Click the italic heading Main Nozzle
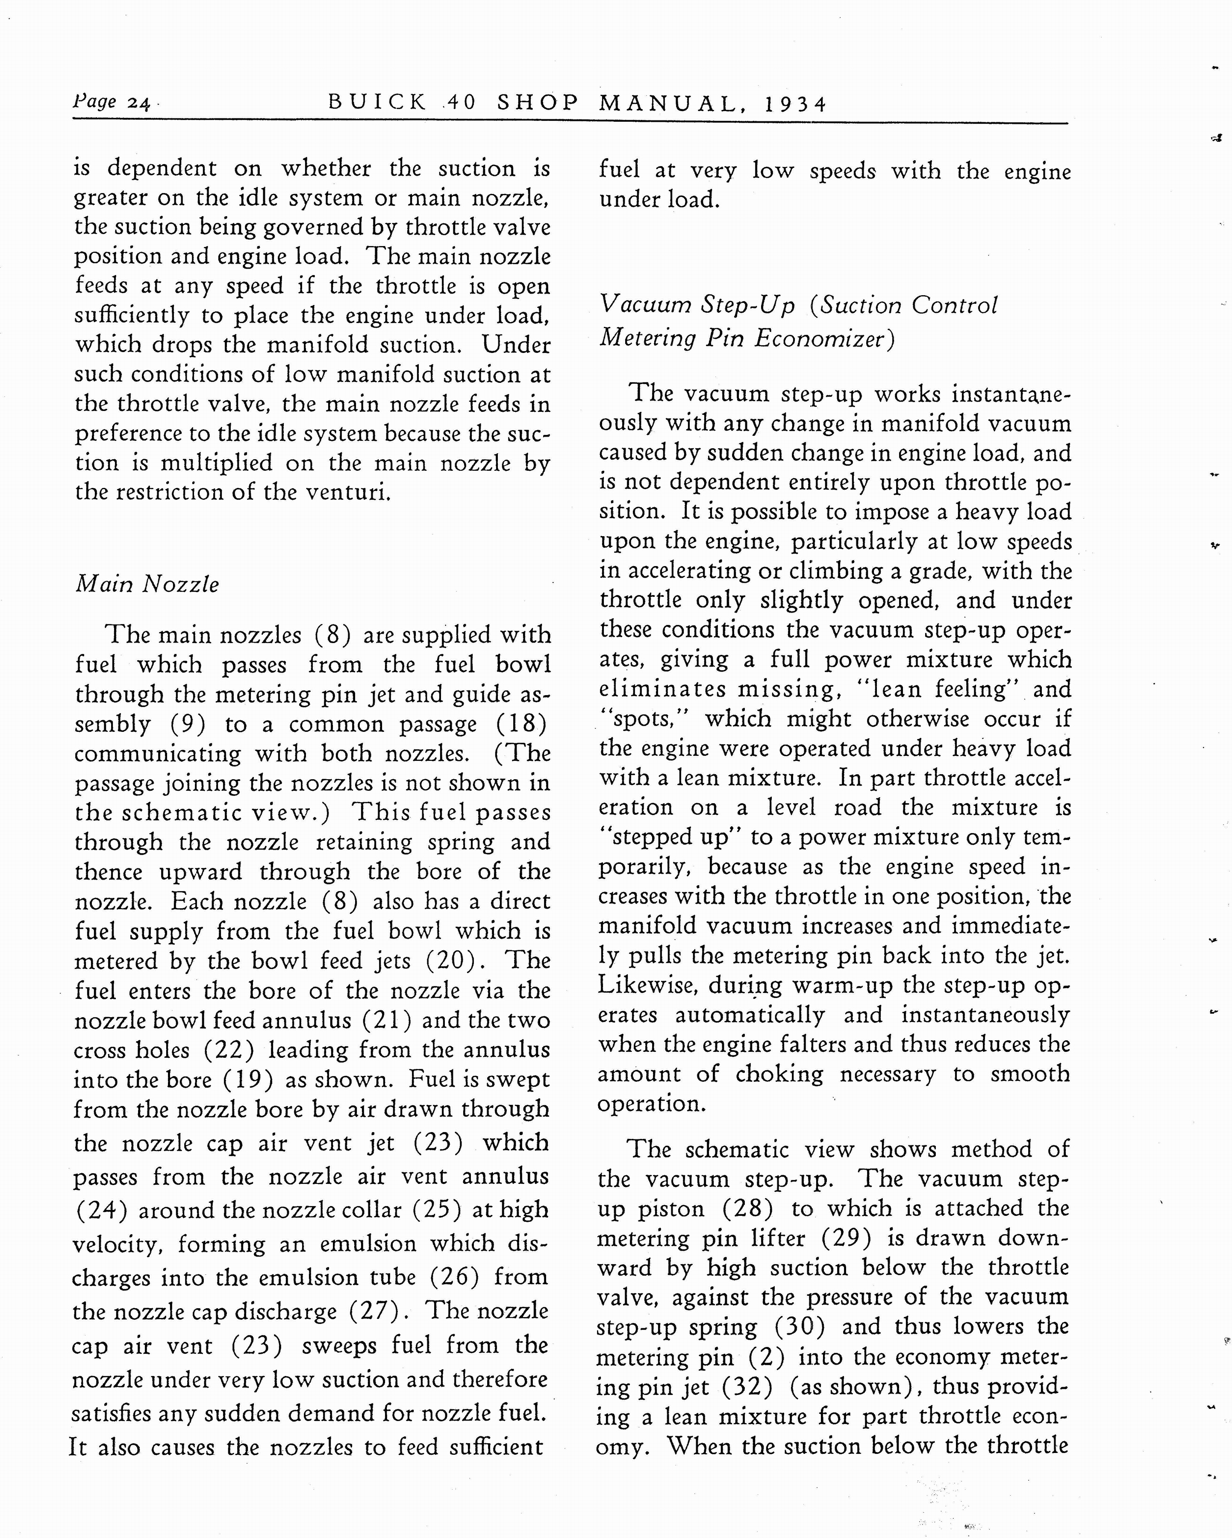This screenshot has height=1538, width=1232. pos(148,584)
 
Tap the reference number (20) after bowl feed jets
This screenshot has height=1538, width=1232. pos(452,961)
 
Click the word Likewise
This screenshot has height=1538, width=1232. pos(648,985)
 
